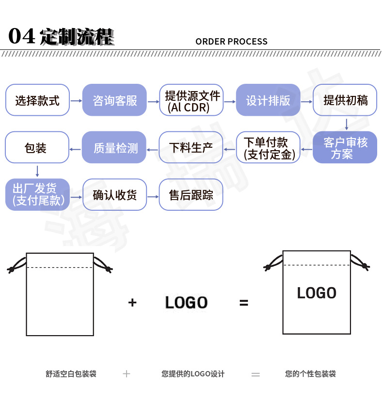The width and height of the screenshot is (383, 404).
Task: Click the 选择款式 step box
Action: coord(37,100)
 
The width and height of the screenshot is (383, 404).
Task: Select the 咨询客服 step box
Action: coord(114,100)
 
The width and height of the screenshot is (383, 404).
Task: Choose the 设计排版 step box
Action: coord(268,100)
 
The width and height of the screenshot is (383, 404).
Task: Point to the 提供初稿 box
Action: coord(345,100)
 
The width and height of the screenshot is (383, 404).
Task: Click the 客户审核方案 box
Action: coord(345,147)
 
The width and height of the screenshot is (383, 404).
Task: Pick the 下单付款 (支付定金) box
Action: coord(268,147)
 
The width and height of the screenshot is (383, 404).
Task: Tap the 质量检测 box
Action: coord(114,147)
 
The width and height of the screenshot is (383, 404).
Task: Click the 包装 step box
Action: coord(37,147)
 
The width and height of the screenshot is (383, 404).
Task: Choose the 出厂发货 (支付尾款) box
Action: coord(37,194)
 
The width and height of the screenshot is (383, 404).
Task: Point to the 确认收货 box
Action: coord(114,194)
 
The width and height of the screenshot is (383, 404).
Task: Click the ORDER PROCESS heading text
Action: coord(231,42)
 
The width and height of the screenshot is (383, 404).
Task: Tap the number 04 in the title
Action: coord(22,36)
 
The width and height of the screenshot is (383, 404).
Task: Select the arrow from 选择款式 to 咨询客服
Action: coord(76,101)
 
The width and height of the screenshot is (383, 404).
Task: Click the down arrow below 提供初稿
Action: coord(346,124)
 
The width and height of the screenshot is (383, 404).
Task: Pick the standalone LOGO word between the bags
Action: coord(186,303)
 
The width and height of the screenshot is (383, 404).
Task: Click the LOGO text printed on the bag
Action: coord(317,293)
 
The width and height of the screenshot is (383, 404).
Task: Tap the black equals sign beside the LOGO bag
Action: coord(244,303)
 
